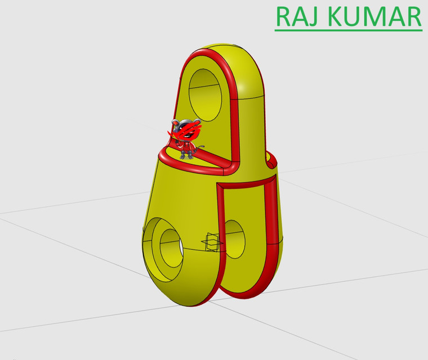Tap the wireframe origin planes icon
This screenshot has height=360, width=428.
pos(211,244)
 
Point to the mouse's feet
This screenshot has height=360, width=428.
pos(188,156)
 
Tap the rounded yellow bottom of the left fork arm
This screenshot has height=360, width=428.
pos(180,295)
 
